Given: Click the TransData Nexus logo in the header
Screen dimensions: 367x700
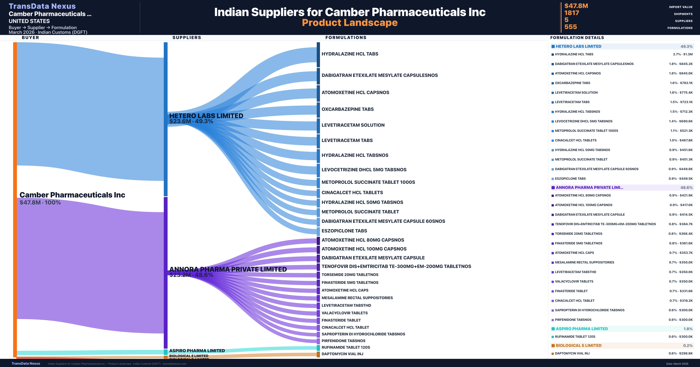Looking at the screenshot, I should pyautogui.click(x=42, y=6).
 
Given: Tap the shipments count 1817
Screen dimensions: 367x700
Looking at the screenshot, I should pyautogui.click(x=572, y=13).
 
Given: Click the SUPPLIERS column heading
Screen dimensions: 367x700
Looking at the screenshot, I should pyautogui.click(x=187, y=37).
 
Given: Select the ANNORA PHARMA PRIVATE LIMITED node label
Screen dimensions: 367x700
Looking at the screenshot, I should pyautogui.click(x=228, y=269).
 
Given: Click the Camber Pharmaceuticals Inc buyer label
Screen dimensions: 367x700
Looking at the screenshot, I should pyautogui.click(x=72, y=195).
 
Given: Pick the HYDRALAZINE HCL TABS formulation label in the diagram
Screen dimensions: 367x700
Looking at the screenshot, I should pyautogui.click(x=350, y=54).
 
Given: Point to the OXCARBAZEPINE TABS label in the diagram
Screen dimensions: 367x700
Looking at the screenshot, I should pyautogui.click(x=348, y=109).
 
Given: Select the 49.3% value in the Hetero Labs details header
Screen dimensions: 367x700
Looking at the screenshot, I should pyautogui.click(x=686, y=46).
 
